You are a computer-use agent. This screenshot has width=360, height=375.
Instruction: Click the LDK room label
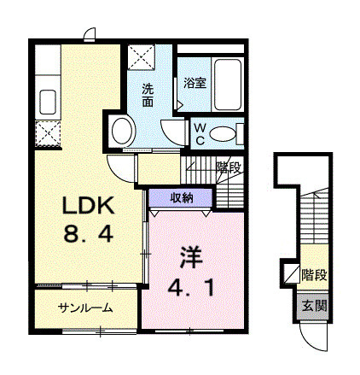point(89,205)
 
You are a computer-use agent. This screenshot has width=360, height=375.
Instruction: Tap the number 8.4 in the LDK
point(89,233)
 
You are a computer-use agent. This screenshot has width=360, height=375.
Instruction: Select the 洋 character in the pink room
point(191,257)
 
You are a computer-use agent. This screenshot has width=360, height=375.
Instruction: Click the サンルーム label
point(85,308)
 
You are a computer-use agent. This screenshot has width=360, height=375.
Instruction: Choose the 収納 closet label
point(182,197)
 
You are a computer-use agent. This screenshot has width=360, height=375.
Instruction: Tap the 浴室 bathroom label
point(195,83)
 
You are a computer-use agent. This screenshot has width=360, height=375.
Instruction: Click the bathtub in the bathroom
point(228,85)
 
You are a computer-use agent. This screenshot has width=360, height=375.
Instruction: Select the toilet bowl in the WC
point(223,134)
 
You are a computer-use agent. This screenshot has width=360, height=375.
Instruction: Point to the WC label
point(200,134)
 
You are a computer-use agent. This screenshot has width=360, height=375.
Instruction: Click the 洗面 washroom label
point(148,96)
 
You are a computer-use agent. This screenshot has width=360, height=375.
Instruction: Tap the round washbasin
point(122,132)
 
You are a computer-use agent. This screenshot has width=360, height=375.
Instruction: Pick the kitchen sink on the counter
point(48,102)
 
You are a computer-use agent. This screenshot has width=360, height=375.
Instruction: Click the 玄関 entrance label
point(314,306)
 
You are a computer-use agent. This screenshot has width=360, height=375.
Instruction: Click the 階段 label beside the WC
point(229,167)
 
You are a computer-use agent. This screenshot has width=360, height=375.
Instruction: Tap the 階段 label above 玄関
point(314,275)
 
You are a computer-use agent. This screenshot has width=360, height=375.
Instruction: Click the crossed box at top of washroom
point(141,57)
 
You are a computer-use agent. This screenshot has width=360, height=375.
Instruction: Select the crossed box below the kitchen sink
point(48,134)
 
